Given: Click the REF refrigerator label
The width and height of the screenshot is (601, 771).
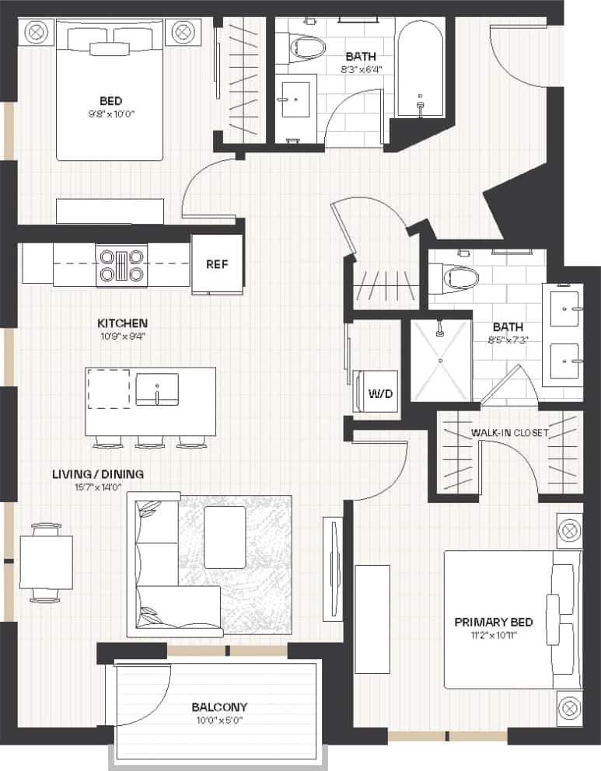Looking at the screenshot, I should (x=217, y=264).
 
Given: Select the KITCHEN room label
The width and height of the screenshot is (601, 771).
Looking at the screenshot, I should (x=123, y=323).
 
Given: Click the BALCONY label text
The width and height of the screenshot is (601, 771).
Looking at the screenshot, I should (x=219, y=706).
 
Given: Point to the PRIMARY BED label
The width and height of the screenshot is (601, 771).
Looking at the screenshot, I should (x=494, y=622).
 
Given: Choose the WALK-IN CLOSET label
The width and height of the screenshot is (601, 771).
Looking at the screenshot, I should (x=509, y=433).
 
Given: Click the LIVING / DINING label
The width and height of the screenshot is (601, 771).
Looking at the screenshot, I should (x=98, y=473).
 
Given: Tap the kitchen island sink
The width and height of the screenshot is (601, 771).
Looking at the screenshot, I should (x=157, y=389).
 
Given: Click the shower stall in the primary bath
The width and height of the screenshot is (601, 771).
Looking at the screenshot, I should (x=440, y=358).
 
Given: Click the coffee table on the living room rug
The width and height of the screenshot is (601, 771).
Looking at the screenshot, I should (x=225, y=536).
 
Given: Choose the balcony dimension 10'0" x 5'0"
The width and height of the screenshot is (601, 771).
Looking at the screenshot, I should (x=219, y=720).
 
